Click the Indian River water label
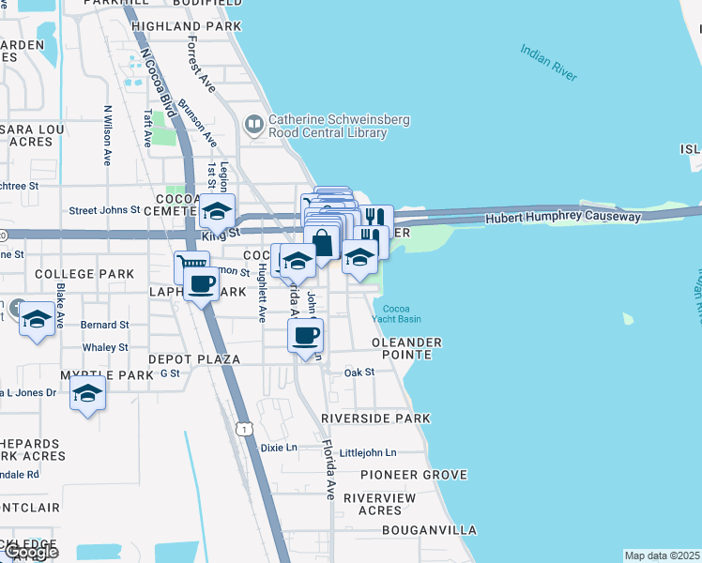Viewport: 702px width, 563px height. coord(549,61)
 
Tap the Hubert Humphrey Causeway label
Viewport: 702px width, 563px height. coord(563,217)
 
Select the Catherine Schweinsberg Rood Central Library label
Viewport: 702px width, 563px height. coord(328,126)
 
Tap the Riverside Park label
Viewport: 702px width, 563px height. coord(375,418)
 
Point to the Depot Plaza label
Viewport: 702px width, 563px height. coord(194,359)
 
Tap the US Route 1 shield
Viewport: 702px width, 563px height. coord(244,428)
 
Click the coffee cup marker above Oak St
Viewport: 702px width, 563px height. coord(305,337)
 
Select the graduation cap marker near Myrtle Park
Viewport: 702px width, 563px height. coord(87,392)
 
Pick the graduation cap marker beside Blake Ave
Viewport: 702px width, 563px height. coord(37,320)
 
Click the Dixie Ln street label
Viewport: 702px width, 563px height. coord(278,448)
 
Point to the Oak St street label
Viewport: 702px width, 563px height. coord(359,373)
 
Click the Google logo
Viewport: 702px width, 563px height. coord(30,552)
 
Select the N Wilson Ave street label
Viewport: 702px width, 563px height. coord(108,135)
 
